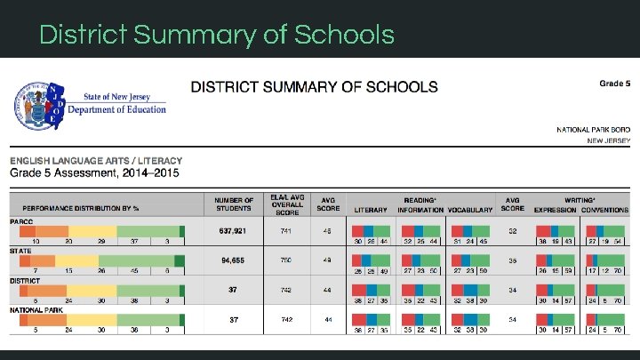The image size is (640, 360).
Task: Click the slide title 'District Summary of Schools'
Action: click(217, 35)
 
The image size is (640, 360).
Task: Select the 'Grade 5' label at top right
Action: click(614, 84)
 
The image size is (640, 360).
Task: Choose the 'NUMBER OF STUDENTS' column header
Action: click(234, 204)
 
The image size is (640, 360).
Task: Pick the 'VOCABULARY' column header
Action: click(470, 210)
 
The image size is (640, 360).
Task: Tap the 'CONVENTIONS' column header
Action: click(604, 210)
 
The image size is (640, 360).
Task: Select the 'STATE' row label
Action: click(20, 251)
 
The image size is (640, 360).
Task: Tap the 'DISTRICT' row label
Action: click(24, 279)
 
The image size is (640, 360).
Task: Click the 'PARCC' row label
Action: click(21, 221)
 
